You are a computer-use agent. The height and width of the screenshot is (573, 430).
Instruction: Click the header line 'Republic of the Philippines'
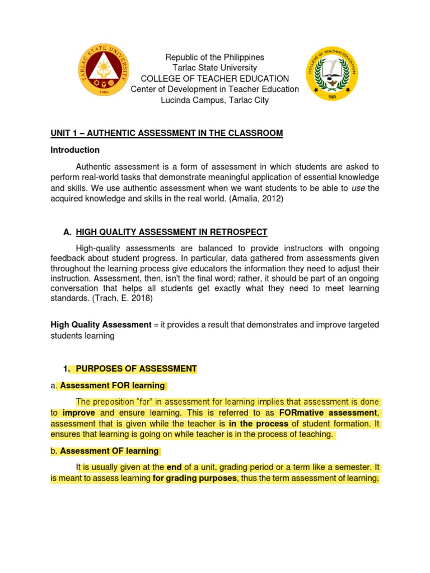click(214, 57)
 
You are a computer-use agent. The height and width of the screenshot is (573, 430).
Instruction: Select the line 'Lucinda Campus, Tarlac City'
click(214, 100)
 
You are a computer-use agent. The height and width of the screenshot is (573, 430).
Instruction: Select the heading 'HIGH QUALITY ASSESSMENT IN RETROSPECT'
click(171, 232)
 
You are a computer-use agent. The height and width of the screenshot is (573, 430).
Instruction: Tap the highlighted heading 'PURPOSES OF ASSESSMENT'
click(136, 369)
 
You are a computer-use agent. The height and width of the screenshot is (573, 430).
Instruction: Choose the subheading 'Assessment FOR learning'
click(112, 386)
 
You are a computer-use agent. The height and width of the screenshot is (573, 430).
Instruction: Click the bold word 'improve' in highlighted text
click(78, 413)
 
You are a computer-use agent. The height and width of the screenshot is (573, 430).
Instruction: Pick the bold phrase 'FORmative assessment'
click(328, 413)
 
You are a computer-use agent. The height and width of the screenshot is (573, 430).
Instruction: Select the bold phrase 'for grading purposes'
click(195, 478)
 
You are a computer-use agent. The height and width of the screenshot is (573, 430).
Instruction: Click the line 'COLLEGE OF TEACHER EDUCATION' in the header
click(214, 78)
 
